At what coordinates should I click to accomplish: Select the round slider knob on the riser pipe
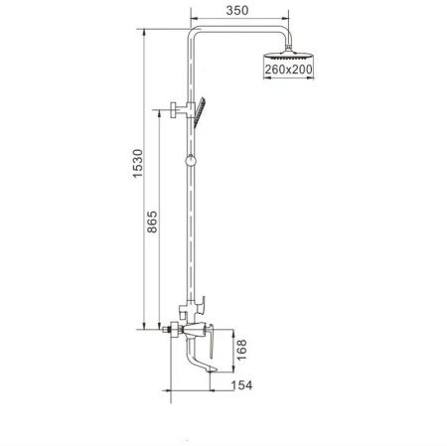click(188, 159)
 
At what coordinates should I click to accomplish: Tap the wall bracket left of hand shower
click(177, 109)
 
